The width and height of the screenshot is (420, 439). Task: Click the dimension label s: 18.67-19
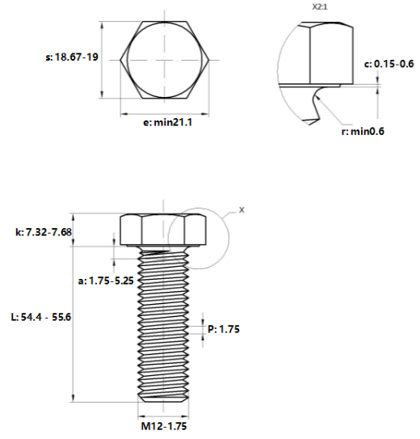[x=72, y=57]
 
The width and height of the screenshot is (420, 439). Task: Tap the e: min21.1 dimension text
[x=167, y=122]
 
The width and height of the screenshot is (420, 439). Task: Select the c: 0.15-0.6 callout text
[x=388, y=64]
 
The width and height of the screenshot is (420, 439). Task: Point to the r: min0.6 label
[x=363, y=131]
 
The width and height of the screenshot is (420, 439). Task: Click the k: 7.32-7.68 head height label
[x=44, y=232]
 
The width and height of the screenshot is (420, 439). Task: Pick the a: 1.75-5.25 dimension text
[x=106, y=281]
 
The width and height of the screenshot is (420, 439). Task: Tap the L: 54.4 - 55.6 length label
[x=41, y=317]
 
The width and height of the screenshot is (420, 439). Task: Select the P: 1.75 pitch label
[x=224, y=329]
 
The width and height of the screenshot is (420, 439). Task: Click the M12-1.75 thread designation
[x=164, y=426]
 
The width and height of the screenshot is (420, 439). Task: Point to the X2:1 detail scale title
[x=320, y=7]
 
